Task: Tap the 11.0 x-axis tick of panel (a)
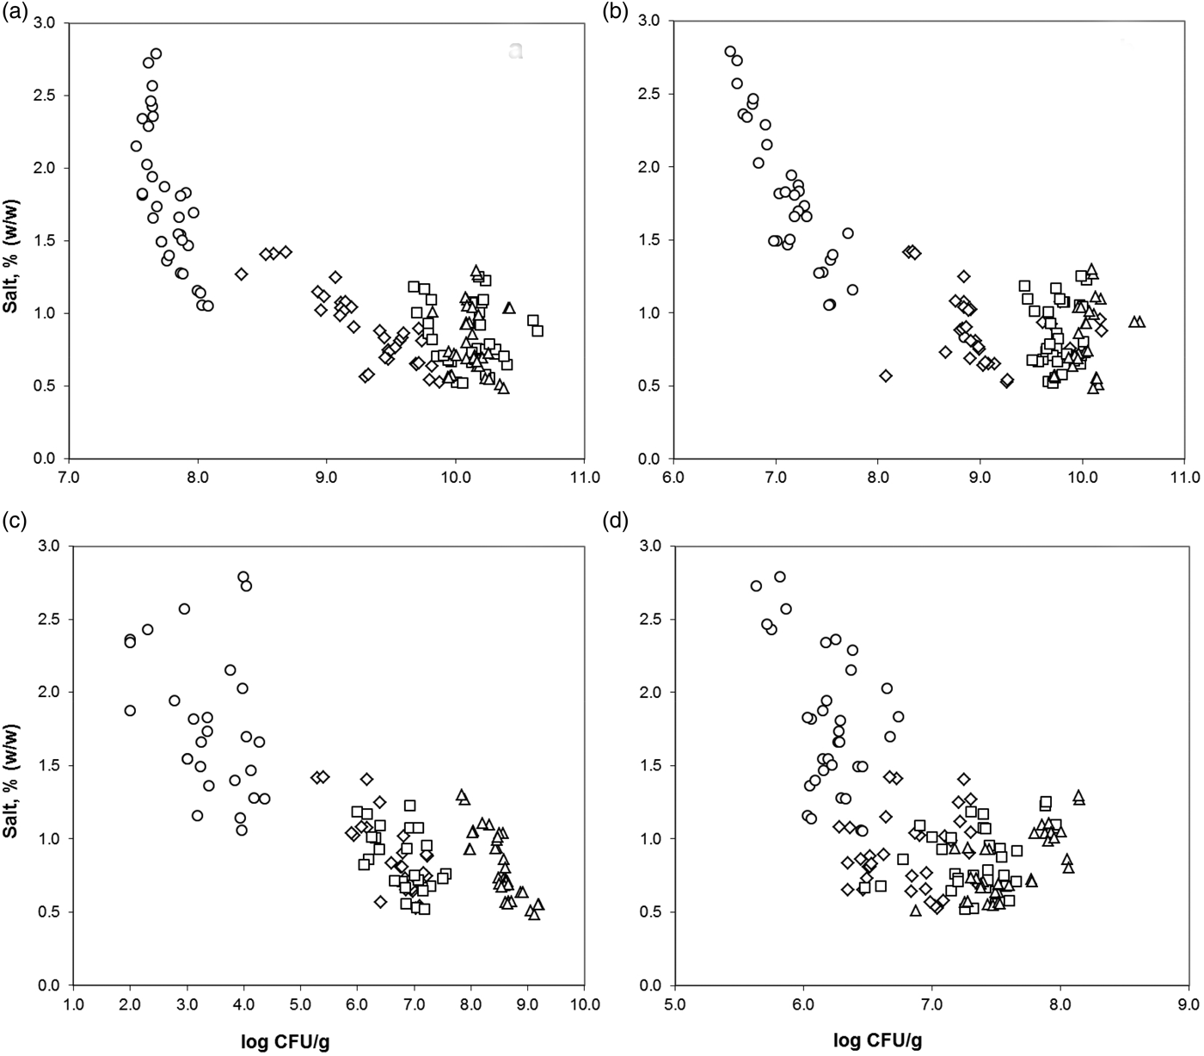[584, 477]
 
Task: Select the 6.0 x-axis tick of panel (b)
[673, 477]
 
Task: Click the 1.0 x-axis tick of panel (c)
[73, 1004]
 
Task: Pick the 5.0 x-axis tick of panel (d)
[675, 1004]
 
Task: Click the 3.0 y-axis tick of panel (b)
[650, 22]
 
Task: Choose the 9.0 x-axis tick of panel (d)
[1188, 1004]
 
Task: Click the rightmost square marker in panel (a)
[537, 330]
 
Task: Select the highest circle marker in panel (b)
[730, 52]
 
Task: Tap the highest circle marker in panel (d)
[780, 577]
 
